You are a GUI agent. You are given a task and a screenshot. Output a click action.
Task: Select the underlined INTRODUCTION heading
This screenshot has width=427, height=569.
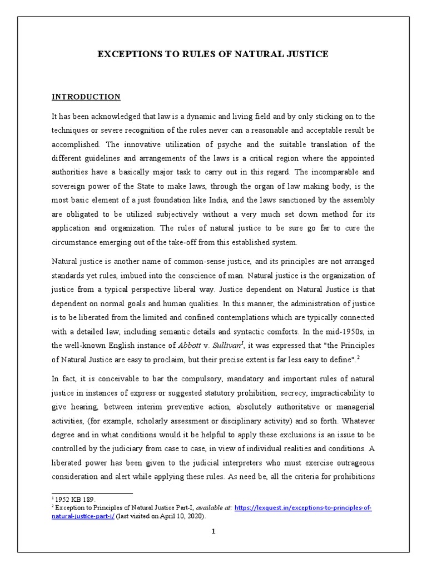point(86,97)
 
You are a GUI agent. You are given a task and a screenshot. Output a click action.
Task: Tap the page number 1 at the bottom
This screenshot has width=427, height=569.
point(213,531)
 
